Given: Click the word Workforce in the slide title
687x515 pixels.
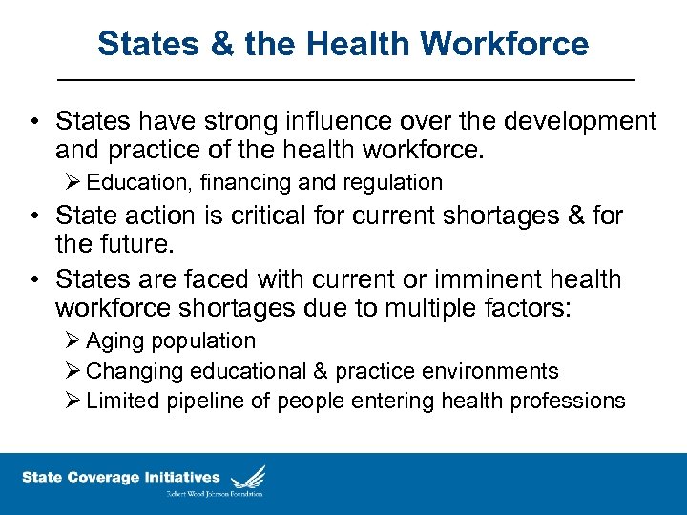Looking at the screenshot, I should (505, 44).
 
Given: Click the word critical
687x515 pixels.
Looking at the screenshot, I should (275, 216).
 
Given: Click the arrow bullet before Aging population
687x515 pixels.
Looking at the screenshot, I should (73, 340).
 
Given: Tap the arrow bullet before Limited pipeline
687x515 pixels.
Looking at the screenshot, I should (73, 401).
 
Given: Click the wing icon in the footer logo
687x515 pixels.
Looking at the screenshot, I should (247, 476).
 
